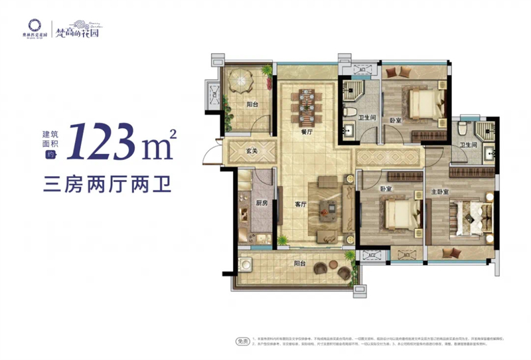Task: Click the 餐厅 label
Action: coord(307,132)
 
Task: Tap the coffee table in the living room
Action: coord(327,207)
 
